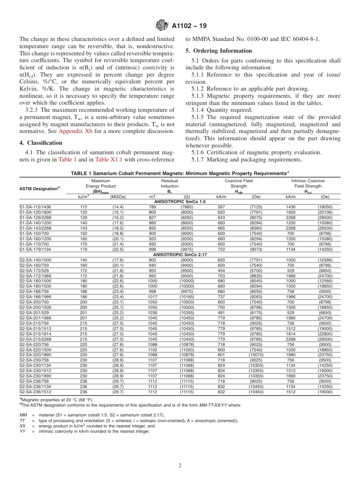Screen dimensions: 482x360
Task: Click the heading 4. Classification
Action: click(x=41, y=143)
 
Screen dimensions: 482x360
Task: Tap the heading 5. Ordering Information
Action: click(x=219, y=51)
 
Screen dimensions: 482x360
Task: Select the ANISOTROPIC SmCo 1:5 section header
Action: click(x=180, y=202)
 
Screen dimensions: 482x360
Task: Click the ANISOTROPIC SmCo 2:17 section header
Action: click(x=180, y=255)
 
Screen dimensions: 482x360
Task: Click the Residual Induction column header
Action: click(x=169, y=186)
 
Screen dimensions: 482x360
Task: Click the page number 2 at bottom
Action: click(x=180, y=466)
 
